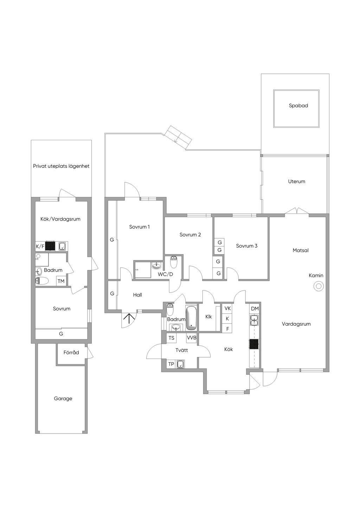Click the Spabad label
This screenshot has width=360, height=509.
[x=298, y=106]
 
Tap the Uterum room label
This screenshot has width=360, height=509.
[x=297, y=182]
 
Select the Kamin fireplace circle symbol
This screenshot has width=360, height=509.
[x=319, y=286]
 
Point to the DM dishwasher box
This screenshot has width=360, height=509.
[x=255, y=308]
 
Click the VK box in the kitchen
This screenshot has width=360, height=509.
[x=227, y=308]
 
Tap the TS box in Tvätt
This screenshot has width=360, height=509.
[x=171, y=338]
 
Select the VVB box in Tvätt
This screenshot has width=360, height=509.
[x=192, y=338]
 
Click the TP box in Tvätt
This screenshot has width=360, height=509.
[x=171, y=364]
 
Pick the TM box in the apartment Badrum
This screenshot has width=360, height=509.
[x=61, y=281]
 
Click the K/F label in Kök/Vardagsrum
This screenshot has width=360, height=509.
[x=40, y=246]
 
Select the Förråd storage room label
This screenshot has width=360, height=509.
[x=71, y=352]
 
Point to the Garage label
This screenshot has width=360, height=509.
[x=63, y=399]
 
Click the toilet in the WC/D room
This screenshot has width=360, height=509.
[x=174, y=262]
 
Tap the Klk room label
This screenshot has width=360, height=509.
[x=208, y=317]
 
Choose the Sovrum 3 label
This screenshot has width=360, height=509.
[x=247, y=246]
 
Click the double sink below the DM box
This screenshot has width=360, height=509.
[x=254, y=320]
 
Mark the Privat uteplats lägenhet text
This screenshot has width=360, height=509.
[x=61, y=166]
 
